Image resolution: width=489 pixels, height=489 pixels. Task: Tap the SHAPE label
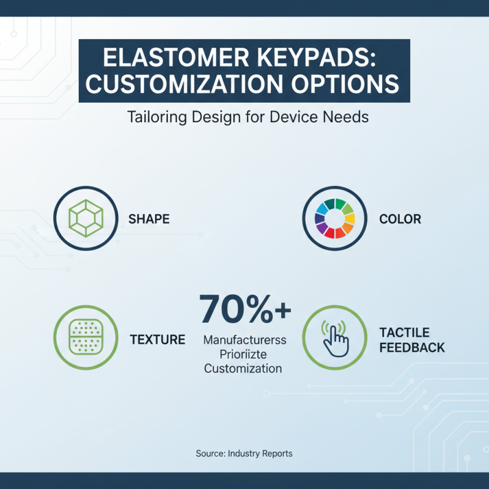[x=149, y=219]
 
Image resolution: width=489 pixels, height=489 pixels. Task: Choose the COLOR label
[x=400, y=219]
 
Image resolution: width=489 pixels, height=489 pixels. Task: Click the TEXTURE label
[x=158, y=339]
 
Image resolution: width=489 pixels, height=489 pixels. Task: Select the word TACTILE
[x=404, y=333]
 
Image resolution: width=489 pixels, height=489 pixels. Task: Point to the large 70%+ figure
[x=245, y=309]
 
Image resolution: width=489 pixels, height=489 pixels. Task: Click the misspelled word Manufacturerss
[x=244, y=339]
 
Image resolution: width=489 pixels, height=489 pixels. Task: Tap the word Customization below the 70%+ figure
[x=243, y=369]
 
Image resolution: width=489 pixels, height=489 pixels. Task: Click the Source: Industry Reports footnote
[x=244, y=454]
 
